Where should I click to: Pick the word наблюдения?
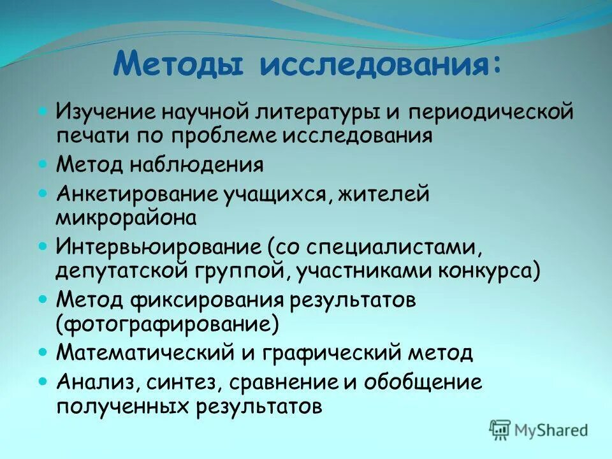point(198,166)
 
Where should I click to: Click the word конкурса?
point(488,270)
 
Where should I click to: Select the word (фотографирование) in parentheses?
point(167,323)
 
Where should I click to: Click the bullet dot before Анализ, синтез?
point(43,381)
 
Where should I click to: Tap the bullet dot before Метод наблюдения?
point(43,164)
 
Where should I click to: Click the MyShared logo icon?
point(500,429)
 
